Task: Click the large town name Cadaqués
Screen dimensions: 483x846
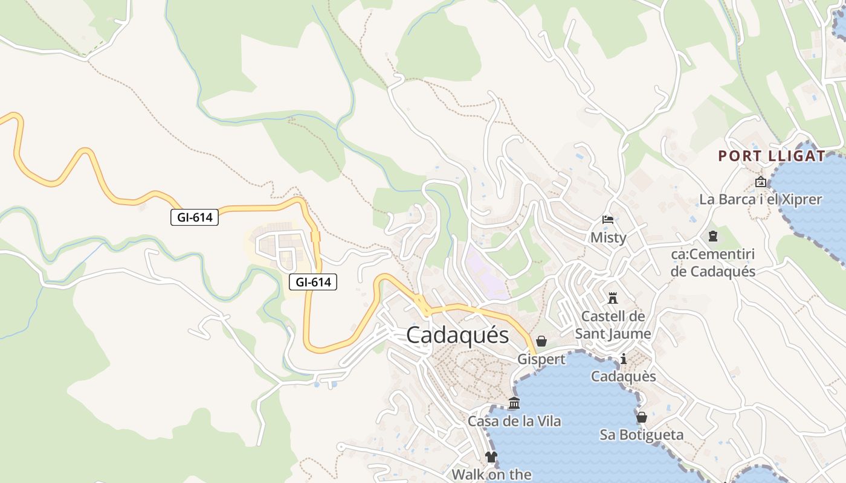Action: tap(457, 335)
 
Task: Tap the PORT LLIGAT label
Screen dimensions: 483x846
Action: tap(771, 156)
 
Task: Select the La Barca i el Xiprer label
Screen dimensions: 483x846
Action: tap(760, 199)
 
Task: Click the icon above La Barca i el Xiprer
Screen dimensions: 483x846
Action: tap(760, 182)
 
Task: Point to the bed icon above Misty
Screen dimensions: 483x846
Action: tap(608, 220)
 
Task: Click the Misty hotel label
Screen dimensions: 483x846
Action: tap(608, 237)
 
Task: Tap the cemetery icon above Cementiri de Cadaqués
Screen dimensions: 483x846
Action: tap(713, 236)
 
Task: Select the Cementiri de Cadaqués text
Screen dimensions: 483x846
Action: tap(713, 263)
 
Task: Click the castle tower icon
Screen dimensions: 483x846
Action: tap(613, 298)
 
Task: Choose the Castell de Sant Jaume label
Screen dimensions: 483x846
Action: tap(613, 325)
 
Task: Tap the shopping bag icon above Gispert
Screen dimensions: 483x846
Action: tap(541, 342)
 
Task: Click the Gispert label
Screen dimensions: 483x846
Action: tap(541, 359)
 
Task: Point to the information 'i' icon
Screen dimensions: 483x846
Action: tap(624, 359)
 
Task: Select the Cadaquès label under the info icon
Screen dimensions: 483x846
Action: tap(624, 377)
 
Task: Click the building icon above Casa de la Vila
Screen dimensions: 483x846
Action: tap(514, 403)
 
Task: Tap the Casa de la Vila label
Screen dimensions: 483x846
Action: tap(514, 421)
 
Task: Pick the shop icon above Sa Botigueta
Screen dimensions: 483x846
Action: tap(642, 417)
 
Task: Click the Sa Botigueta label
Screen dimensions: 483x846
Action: tap(642, 435)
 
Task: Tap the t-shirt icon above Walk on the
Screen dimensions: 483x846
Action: tap(491, 457)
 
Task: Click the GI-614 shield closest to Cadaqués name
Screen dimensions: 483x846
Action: tap(312, 282)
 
